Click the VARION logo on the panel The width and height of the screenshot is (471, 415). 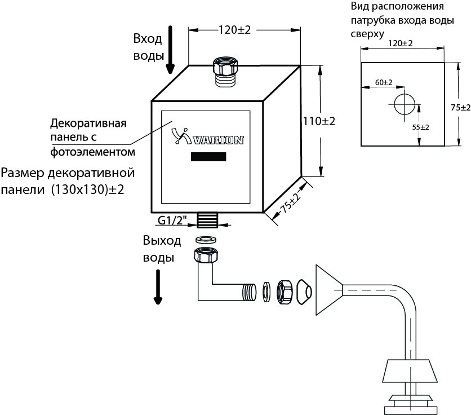[x=207, y=136]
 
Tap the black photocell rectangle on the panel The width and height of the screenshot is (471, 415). [x=208, y=157]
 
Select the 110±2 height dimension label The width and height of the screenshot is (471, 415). [x=319, y=121]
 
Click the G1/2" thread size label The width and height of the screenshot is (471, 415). [x=172, y=220]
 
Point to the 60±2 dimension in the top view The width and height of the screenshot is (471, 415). [x=384, y=82]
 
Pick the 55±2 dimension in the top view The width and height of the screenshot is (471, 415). [x=420, y=127]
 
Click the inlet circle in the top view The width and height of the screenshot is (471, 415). [x=405, y=104]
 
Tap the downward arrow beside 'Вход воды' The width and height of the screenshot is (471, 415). [x=170, y=50]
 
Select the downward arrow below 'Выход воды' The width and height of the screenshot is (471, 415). [x=158, y=287]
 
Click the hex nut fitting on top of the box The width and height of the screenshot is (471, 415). [x=225, y=67]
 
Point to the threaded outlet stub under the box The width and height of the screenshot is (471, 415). [x=207, y=220]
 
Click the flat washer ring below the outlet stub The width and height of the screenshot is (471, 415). [x=206, y=240]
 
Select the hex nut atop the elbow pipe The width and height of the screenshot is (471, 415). [x=206, y=255]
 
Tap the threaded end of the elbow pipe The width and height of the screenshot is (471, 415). [x=250, y=292]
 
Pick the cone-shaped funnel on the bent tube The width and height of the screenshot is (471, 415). [x=329, y=290]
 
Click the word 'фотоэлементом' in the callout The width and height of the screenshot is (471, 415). [x=93, y=152]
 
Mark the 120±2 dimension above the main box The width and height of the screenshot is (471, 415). [x=234, y=30]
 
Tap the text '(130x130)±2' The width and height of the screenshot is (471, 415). [x=87, y=190]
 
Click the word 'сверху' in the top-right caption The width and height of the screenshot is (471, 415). [x=368, y=34]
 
